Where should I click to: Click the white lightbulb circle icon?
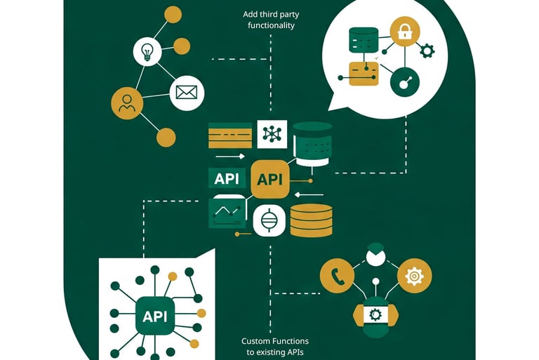click(x=147, y=50)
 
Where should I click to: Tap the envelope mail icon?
click(x=187, y=92)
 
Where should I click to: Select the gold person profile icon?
click(x=127, y=104)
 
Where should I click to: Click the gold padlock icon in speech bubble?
click(x=405, y=32)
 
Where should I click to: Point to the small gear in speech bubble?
click(x=426, y=50)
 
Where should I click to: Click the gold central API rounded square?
click(x=269, y=179)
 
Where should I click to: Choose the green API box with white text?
click(x=227, y=178)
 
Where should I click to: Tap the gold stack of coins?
click(x=311, y=220)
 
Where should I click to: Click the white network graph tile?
click(x=272, y=134)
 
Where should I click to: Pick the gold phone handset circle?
click(x=337, y=276)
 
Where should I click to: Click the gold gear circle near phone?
click(x=414, y=276)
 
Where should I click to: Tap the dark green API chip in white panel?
click(x=154, y=316)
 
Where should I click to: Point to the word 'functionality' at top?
click(x=271, y=25)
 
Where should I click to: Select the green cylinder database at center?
click(x=312, y=143)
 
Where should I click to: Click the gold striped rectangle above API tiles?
click(x=230, y=135)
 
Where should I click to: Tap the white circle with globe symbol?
click(x=269, y=221)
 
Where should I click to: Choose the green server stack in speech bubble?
click(x=362, y=39)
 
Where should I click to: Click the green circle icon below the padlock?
click(x=405, y=82)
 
